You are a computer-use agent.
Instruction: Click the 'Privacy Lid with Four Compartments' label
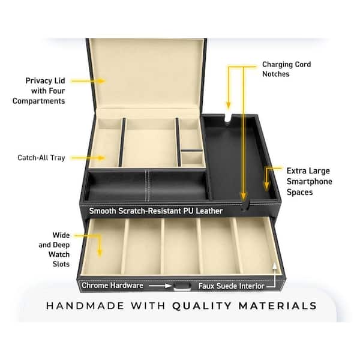(x=39, y=91)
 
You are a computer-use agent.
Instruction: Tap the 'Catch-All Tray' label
(x=41, y=158)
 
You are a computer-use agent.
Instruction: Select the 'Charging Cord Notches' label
(x=287, y=69)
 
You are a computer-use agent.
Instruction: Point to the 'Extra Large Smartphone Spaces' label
(x=309, y=181)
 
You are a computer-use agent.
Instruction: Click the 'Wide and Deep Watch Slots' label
(x=55, y=250)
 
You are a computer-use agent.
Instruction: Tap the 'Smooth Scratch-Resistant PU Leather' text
(x=156, y=211)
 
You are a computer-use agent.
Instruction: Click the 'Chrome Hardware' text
(x=113, y=286)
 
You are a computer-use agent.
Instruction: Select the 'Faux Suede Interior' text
(x=231, y=286)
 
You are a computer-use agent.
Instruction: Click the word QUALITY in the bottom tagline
(x=202, y=306)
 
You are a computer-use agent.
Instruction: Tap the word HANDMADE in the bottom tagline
(x=85, y=306)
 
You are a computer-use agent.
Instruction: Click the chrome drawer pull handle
(x=182, y=287)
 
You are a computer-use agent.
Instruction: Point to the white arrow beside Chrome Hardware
(x=160, y=286)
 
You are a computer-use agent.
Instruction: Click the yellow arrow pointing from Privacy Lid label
(x=88, y=81)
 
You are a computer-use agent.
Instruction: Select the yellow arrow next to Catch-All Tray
(x=88, y=158)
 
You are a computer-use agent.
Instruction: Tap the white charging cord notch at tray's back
(x=227, y=117)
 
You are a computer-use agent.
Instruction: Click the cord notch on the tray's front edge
(x=246, y=205)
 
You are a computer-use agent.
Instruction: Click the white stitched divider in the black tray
(x=148, y=185)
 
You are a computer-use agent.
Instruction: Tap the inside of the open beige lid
(x=146, y=73)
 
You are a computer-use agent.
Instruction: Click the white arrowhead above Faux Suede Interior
(x=274, y=266)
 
